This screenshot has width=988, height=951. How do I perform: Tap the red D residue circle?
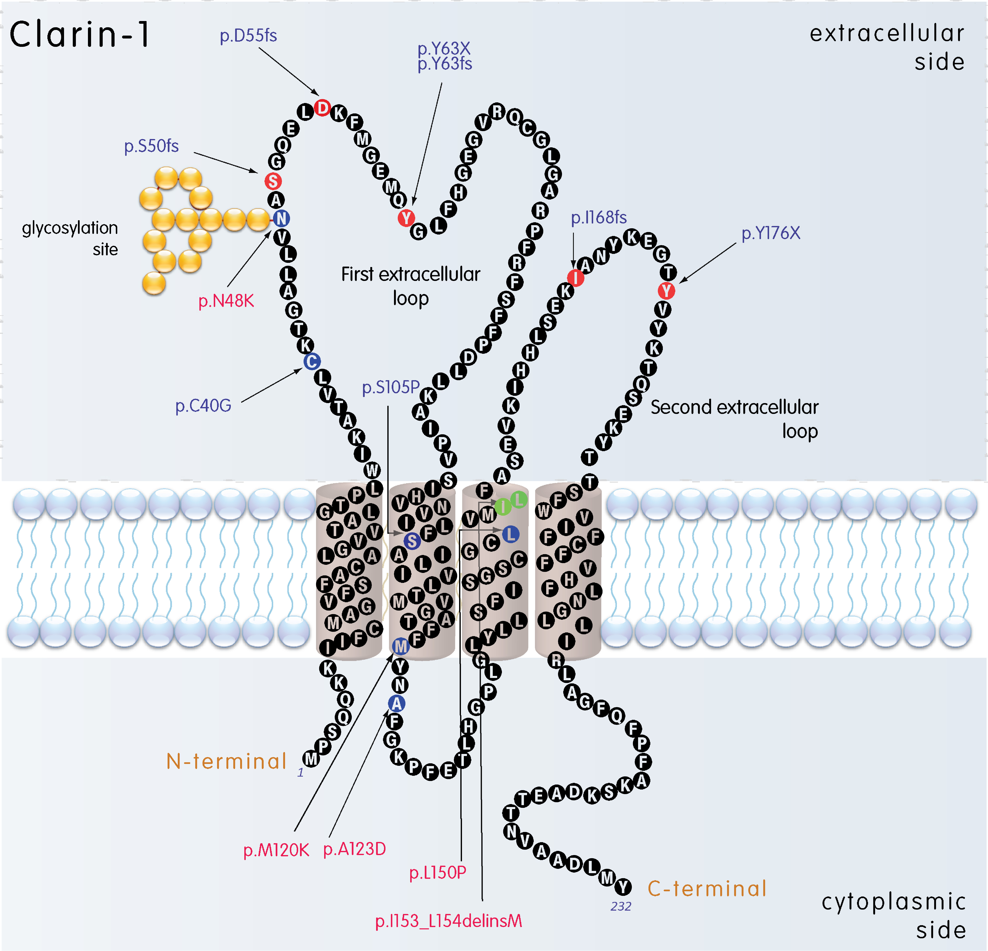pyautogui.click(x=322, y=107)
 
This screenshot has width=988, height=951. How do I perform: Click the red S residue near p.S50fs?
pyautogui.click(x=273, y=181)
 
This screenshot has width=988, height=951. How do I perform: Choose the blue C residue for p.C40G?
pyautogui.click(x=311, y=361)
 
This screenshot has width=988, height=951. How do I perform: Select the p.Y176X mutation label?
pyautogui.click(x=770, y=233)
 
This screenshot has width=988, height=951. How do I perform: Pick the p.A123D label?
pyautogui.click(x=354, y=849)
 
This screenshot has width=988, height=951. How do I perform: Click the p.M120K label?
pyautogui.click(x=276, y=850)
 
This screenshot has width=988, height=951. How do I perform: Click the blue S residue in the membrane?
pyautogui.click(x=412, y=541)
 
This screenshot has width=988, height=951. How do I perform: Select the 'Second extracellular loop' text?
pyautogui.click(x=734, y=419)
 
